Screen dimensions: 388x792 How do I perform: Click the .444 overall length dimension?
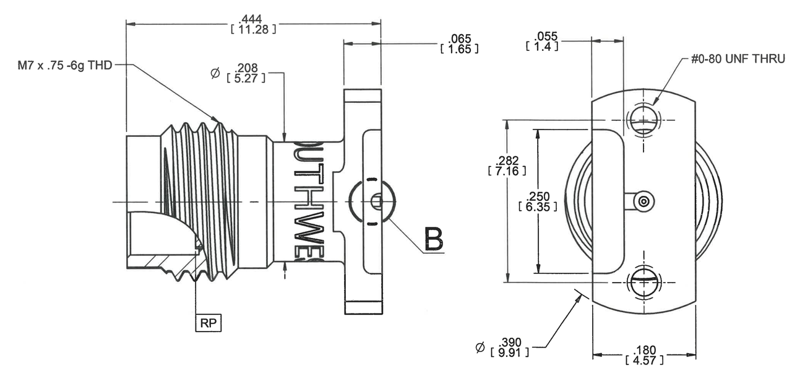[252, 19]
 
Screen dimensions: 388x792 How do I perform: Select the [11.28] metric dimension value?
[252, 29]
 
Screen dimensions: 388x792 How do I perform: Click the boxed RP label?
[209, 324]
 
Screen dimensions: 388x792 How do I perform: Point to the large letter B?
[433, 239]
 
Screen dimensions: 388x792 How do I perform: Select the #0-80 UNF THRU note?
[738, 60]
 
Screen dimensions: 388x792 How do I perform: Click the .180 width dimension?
[644, 351]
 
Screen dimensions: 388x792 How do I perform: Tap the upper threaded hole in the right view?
[644, 119]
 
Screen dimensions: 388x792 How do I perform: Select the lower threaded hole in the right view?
[644, 283]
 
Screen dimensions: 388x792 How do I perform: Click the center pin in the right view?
[644, 201]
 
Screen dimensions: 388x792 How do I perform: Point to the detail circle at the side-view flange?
[372, 201]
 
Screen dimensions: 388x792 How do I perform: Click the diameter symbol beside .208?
[215, 73]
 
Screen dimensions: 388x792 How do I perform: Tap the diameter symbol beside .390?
[480, 348]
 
